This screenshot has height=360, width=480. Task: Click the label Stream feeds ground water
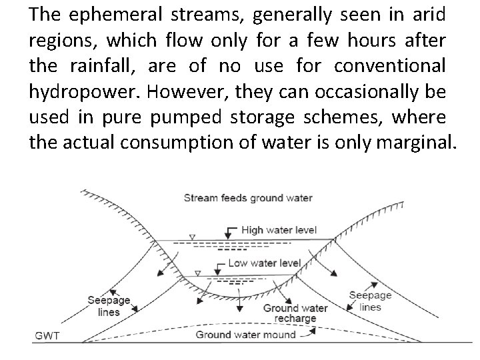tap(248, 198)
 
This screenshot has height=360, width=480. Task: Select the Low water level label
tap(264, 263)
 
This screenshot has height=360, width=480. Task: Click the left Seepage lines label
tap(109, 306)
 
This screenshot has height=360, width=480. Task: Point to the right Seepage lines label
tap(371, 301)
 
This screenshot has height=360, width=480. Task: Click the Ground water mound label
tap(245, 335)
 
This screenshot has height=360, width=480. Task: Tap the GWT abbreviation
tap(48, 335)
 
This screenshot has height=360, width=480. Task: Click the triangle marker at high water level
tap(192, 237)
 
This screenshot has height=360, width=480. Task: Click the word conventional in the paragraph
tap(390, 65)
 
